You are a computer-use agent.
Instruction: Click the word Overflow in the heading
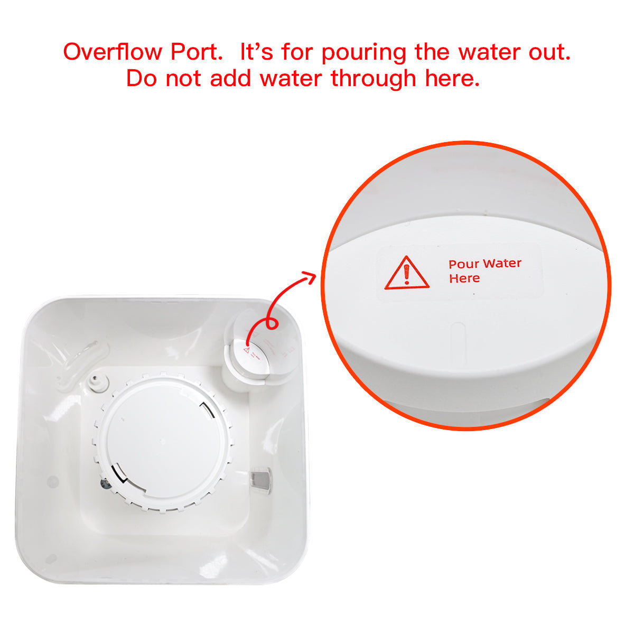pyautogui.click(x=113, y=52)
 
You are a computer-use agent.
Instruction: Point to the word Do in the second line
pyautogui.click(x=142, y=79)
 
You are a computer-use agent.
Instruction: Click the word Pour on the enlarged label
pyautogui.click(x=464, y=264)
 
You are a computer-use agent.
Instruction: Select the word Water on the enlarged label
pyautogui.click(x=502, y=263)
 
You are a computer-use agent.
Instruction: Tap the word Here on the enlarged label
pyautogui.click(x=464, y=278)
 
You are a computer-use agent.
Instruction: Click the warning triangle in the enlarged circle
pyautogui.click(x=406, y=274)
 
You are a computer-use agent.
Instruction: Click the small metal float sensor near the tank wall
pyautogui.click(x=260, y=480)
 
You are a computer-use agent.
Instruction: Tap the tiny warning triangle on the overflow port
pyautogui.click(x=246, y=349)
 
